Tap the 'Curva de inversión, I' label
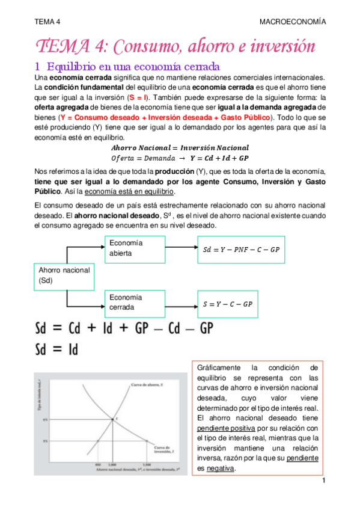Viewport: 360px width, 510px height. [162, 450]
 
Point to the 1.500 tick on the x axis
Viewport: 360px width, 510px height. [148, 464]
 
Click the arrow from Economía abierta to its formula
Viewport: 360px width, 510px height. [181, 248]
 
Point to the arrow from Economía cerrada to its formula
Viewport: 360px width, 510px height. [181, 303]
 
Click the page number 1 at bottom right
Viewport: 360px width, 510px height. [323, 481]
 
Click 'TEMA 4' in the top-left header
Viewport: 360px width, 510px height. [47, 21]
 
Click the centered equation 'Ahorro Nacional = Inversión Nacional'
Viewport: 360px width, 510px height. [180, 148]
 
